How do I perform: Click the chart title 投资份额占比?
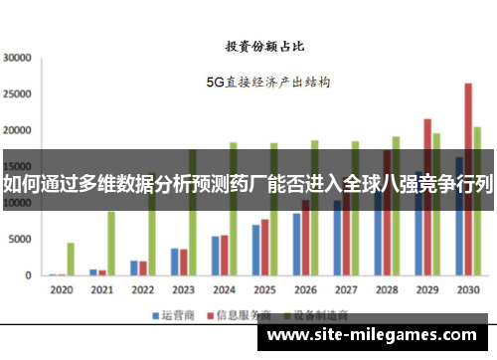point(264,46)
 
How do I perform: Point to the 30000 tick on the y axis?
point(18,58)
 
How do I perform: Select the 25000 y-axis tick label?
point(18,94)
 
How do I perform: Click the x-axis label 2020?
point(61,290)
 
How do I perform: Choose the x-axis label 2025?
point(264,290)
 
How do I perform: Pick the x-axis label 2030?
point(467,290)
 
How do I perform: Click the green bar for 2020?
point(71,259)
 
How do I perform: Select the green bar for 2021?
point(111,243)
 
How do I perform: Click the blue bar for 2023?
point(174,262)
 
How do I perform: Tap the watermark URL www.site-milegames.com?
point(372,336)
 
